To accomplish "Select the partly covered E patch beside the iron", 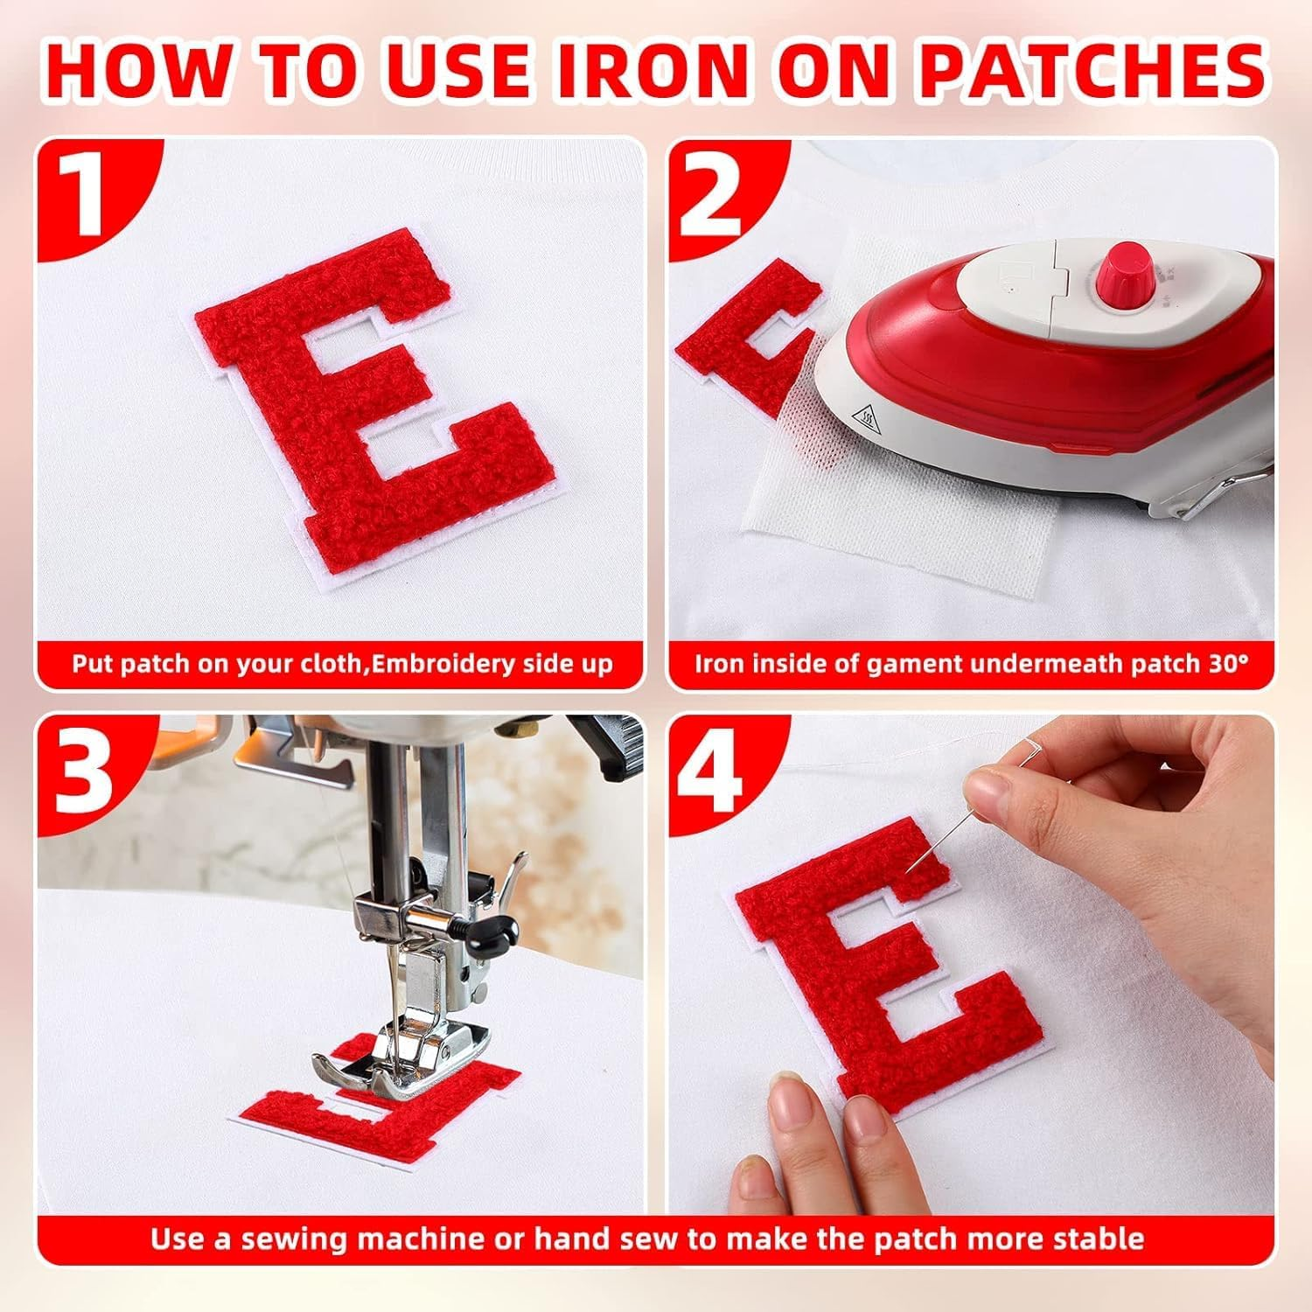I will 743,341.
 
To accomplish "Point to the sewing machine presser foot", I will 394,1063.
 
